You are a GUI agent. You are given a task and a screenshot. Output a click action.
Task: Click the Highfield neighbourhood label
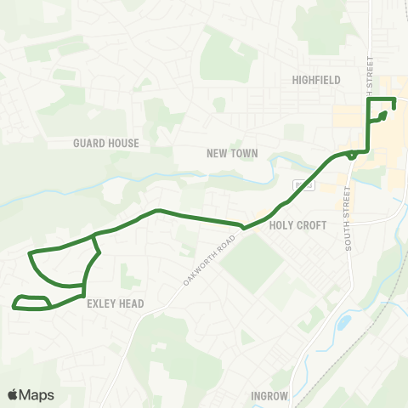pyautogui.click(x=315, y=79)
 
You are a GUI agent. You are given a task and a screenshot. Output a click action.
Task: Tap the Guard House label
pyautogui.click(x=106, y=143)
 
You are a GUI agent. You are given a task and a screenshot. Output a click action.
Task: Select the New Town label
pyautogui.click(x=231, y=154)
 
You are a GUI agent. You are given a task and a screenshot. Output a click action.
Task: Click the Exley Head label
pyautogui.click(x=115, y=303)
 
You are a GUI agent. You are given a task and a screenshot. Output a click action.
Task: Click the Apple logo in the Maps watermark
pyautogui.click(x=13, y=394)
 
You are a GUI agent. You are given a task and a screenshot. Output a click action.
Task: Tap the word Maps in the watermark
pyautogui.click(x=37, y=394)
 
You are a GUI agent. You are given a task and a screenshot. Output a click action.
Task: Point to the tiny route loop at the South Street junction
pyautogui.click(x=352, y=156)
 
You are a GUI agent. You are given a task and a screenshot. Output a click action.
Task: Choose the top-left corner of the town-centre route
pyautogui.click(x=367, y=100)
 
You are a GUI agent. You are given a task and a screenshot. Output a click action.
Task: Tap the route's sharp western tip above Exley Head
pyautogui.click(x=31, y=253)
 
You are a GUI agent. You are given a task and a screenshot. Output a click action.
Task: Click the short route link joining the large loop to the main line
pyautogui.click(x=97, y=245)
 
